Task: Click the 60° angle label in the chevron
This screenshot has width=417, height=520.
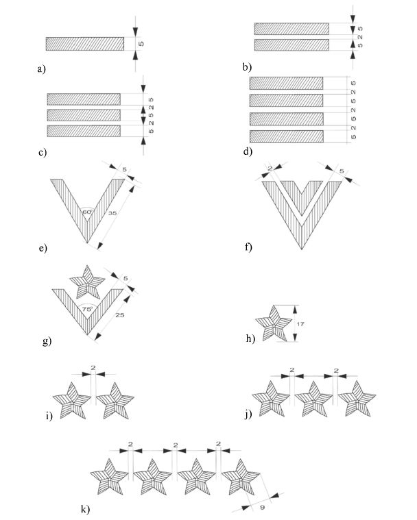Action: point(87,212)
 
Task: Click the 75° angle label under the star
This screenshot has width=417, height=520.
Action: point(87,309)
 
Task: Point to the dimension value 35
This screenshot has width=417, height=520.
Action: point(112,213)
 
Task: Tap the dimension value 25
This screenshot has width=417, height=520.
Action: point(119,314)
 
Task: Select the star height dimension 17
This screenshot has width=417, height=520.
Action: point(300,323)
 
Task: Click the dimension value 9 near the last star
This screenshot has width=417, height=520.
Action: point(262,508)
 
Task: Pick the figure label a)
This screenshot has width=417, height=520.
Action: point(42,69)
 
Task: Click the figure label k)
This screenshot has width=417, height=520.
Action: point(85,510)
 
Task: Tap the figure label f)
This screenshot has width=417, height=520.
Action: point(248,247)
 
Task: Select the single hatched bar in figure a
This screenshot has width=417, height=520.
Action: point(85,44)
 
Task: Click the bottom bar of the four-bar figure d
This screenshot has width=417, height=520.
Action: point(287,136)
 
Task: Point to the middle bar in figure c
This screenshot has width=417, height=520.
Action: point(84,115)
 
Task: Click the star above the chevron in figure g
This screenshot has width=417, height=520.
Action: point(87,283)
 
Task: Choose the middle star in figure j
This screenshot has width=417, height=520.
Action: point(313,399)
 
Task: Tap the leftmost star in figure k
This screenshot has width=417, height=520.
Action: point(109,478)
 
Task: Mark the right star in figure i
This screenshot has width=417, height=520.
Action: point(115,401)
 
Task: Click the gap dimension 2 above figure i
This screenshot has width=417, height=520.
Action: point(93,368)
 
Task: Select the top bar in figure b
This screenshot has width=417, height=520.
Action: point(292,29)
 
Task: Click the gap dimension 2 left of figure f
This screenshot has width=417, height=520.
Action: point(270,169)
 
